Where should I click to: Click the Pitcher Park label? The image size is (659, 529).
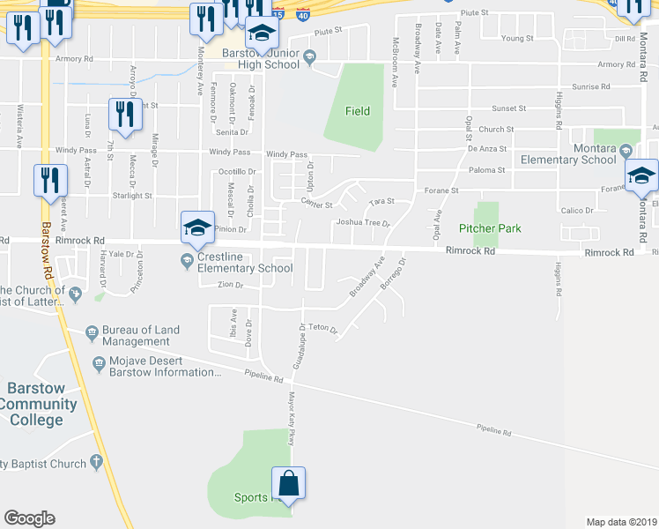[x=490, y=228]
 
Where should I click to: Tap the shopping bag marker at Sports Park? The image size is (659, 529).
[x=288, y=484]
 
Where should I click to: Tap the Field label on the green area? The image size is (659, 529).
[x=357, y=111]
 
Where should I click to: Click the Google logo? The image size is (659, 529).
[x=29, y=518]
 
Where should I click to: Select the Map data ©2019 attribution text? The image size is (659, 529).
[x=621, y=522]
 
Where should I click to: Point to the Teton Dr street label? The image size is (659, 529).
[x=322, y=327]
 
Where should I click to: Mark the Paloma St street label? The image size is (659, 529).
[x=486, y=169]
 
